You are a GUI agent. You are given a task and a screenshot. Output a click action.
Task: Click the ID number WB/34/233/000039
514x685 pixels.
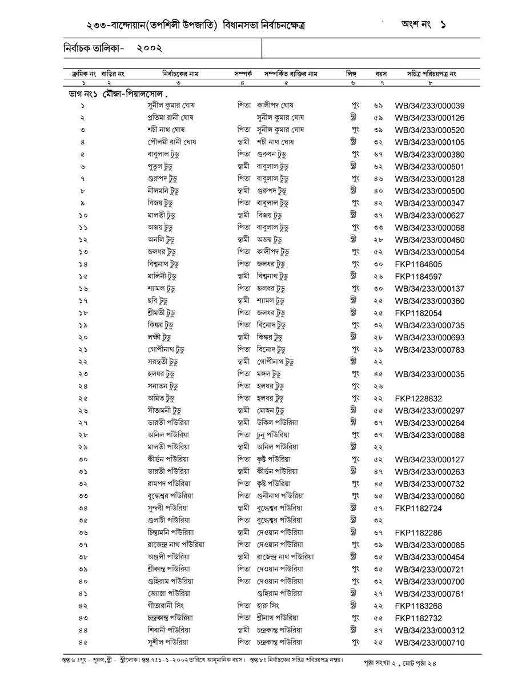tap(429, 106)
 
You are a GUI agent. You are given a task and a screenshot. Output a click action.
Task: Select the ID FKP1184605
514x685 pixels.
tap(418, 264)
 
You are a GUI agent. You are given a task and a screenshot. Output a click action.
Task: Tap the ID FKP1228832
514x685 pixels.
tap(418, 398)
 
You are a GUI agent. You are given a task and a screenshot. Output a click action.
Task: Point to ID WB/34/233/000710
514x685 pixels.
tap(429, 642)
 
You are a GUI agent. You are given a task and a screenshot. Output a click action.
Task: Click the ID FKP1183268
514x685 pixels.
tap(418, 606)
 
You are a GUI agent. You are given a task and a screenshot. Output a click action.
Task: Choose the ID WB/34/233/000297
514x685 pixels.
tap(429, 411)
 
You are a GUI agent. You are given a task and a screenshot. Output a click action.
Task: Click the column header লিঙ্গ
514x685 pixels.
tap(351, 74)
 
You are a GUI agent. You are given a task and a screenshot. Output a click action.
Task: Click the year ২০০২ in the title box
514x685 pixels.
tap(151, 49)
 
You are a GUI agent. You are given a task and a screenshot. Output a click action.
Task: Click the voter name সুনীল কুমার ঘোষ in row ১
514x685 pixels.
tap(171, 106)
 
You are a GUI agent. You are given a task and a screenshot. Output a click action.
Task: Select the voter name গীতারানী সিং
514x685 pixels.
tap(165, 606)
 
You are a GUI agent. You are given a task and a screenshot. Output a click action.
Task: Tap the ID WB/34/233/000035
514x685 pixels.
tap(429, 374)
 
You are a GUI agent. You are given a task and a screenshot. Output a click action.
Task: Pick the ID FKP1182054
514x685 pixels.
tap(418, 313)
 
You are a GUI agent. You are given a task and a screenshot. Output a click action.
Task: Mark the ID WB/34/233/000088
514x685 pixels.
tap(429, 436)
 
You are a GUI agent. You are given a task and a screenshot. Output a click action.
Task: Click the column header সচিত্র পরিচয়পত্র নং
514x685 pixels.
tap(431, 74)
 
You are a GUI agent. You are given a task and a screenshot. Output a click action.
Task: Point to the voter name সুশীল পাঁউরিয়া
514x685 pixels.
tap(168, 642)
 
